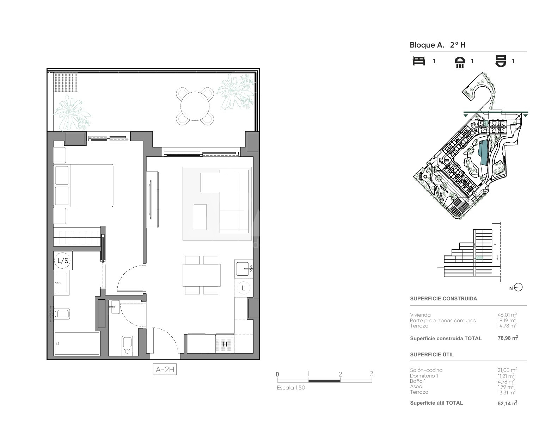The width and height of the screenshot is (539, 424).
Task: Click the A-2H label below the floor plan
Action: [x=165, y=369]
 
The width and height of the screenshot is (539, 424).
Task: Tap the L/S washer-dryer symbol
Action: [x=63, y=261]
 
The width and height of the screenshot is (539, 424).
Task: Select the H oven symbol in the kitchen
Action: [x=225, y=344]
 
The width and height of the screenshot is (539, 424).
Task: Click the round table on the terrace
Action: [x=195, y=106]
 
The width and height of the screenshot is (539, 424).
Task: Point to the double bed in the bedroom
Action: [x=83, y=186]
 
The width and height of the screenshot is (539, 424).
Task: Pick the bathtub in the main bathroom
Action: [x=77, y=343]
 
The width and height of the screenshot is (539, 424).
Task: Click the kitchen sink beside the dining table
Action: [x=243, y=269]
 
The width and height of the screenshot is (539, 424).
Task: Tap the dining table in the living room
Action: [x=201, y=275]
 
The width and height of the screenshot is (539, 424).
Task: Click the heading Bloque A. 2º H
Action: [x=437, y=45]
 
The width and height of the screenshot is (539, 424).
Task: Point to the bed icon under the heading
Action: [x=419, y=61]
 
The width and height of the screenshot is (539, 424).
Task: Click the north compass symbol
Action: [x=518, y=287]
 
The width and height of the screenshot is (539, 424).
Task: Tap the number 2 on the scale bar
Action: [x=340, y=374]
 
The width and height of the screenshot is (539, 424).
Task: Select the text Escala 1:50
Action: [x=291, y=388]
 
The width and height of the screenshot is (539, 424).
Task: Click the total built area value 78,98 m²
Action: [x=508, y=338]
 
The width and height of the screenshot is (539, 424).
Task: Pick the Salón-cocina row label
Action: [x=426, y=370]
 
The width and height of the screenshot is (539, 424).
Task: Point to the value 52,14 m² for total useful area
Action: [x=507, y=403]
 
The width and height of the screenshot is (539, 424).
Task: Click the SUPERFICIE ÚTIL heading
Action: [x=432, y=354]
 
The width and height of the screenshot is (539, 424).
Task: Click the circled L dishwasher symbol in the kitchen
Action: [x=243, y=288]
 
